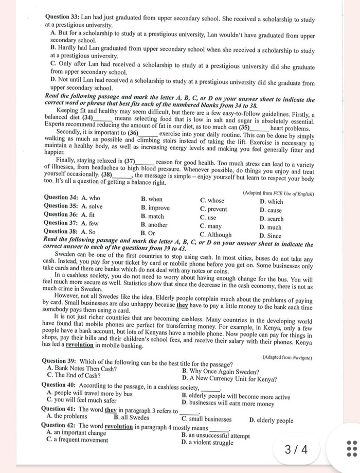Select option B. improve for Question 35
tap(155, 207)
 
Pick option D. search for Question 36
tap(272, 219)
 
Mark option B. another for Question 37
tap(154, 225)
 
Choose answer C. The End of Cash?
tap(74, 375)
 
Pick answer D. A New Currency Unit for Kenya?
tap(229, 379)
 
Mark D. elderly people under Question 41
tap(271, 420)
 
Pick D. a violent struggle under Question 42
tap(207, 442)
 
